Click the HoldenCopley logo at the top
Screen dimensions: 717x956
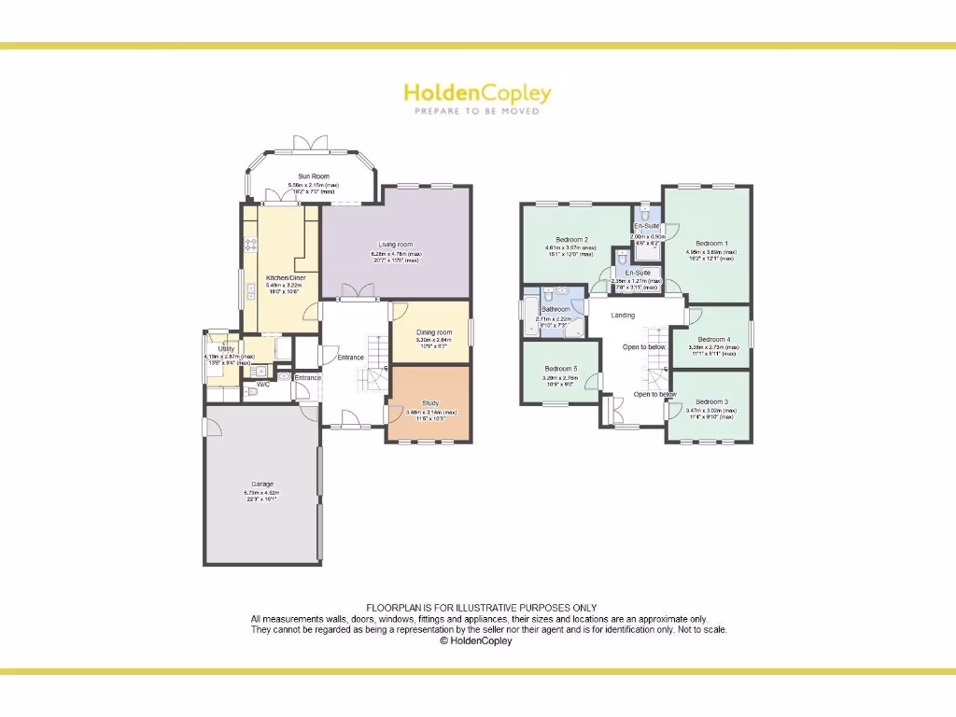click(477, 92)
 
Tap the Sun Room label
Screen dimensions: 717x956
click(314, 176)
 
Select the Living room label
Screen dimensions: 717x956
click(396, 245)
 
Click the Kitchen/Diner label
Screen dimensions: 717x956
click(280, 278)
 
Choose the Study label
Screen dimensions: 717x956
click(430, 403)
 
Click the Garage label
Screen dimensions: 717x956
click(261, 484)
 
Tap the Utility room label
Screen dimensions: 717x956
click(226, 348)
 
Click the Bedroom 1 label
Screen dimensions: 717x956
click(711, 243)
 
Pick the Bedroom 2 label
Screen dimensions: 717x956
click(571, 239)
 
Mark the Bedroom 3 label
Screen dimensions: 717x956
click(711, 401)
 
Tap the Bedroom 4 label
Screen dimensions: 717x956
click(713, 339)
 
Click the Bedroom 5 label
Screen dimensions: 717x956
click(561, 369)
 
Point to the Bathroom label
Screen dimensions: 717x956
click(555, 309)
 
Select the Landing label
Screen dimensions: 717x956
click(623, 316)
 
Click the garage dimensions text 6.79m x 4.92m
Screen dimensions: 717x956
click(261, 493)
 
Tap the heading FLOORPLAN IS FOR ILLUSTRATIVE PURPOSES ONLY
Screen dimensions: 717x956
click(481, 609)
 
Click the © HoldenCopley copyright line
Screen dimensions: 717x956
click(475, 641)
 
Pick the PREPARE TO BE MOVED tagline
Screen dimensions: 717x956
click(477, 111)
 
